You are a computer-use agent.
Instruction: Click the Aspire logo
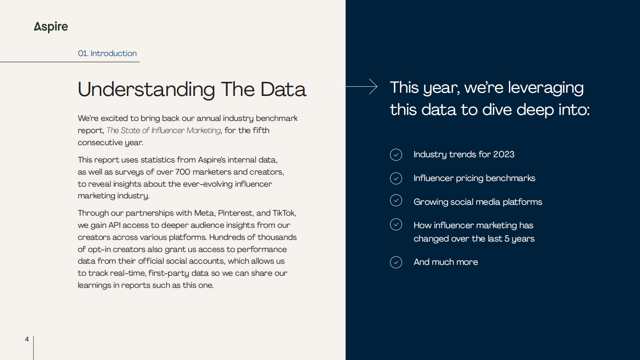pyautogui.click(x=51, y=27)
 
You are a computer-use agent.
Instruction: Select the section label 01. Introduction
pyautogui.click(x=107, y=54)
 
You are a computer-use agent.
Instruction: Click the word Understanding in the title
pyautogui.click(x=146, y=89)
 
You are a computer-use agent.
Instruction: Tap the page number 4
pyautogui.click(x=27, y=339)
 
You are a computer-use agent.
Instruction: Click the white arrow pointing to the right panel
pyautogui.click(x=355, y=86)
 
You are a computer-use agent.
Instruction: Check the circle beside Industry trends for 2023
pyautogui.click(x=396, y=154)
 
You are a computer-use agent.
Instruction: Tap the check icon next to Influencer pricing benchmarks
pyautogui.click(x=396, y=178)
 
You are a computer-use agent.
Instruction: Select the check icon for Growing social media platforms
pyautogui.click(x=396, y=200)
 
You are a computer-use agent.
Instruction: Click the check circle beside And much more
pyautogui.click(x=396, y=262)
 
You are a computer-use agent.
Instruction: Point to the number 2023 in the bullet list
pyautogui.click(x=503, y=154)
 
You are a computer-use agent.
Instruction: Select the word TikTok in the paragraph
pyautogui.click(x=284, y=213)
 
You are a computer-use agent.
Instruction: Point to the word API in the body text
pyautogui.click(x=114, y=225)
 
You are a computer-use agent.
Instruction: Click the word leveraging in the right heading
pyautogui.click(x=546, y=88)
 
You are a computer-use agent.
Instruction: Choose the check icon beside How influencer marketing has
pyautogui.click(x=396, y=225)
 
